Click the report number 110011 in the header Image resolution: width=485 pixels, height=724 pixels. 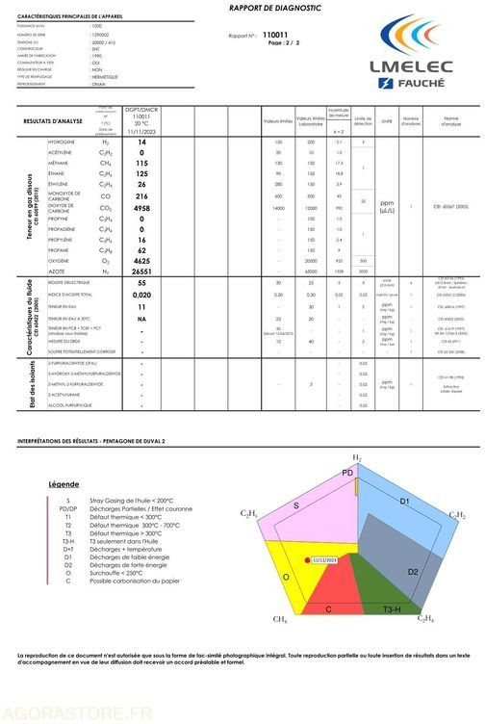pos(276,35)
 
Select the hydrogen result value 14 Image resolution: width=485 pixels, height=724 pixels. pos(141,142)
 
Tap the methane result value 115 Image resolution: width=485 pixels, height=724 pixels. pos(141,164)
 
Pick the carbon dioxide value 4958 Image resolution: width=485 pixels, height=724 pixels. pos(141,208)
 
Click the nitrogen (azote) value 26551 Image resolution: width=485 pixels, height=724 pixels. pos(141,272)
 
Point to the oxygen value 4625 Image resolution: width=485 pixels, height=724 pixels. pos(141,261)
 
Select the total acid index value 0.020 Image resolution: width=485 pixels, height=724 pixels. pos(141,295)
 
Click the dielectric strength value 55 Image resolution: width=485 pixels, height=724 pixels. pos(141,283)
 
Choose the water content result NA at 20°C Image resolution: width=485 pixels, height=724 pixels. pos(141,319)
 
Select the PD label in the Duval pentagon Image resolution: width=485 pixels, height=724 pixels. pos(347,473)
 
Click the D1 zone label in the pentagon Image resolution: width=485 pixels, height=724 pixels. pos(404,503)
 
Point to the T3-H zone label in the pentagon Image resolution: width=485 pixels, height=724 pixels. pos(393,610)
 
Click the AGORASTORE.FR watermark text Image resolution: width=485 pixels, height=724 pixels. pos(78,712)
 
